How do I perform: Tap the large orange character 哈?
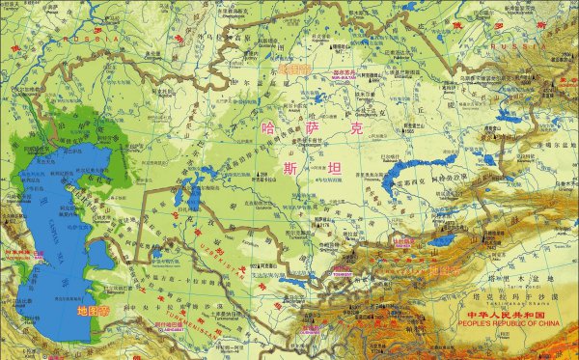pyautogui.click(x=268, y=125)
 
